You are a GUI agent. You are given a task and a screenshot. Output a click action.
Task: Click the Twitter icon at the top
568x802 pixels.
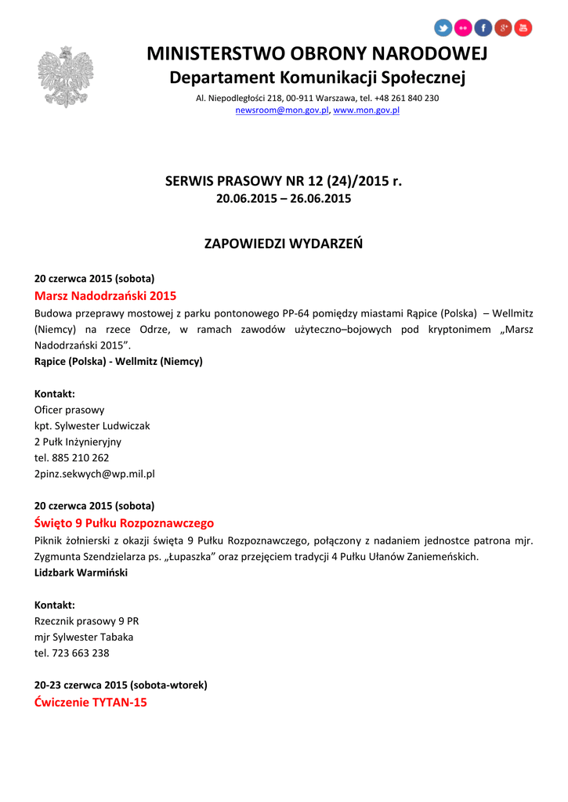pos(443,28)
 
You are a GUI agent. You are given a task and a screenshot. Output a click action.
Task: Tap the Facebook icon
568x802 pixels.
pos(483,28)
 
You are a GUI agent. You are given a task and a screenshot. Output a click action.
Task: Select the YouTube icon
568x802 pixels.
pos(523,28)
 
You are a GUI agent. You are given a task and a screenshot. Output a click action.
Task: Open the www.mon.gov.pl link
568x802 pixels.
pos(367,110)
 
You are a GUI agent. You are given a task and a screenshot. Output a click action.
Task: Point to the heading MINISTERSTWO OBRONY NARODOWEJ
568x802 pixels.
pos(317,54)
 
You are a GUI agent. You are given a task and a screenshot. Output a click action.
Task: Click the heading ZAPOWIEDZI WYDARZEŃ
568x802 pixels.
pos(284,244)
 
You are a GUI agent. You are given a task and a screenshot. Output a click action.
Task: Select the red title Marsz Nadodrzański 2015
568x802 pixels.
pos(105,296)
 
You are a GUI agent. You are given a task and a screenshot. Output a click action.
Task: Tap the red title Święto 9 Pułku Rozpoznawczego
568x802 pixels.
pos(124,523)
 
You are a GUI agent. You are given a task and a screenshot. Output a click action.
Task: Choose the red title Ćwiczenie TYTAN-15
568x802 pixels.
pos(91,703)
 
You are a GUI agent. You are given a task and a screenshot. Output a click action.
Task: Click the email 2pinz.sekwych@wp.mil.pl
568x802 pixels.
pos(94,474)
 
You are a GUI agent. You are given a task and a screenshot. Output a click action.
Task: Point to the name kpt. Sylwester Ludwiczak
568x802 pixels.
pos(92,425)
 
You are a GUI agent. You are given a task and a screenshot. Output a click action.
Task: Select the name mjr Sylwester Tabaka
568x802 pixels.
pos(84,637)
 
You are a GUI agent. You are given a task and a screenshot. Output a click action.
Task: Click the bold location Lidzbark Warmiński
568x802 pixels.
pos(81,573)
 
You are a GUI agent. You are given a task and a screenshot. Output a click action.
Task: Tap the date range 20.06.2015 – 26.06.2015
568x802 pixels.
pos(284,199)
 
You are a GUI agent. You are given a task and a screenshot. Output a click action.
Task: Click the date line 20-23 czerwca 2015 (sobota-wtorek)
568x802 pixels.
pos(121,685)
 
